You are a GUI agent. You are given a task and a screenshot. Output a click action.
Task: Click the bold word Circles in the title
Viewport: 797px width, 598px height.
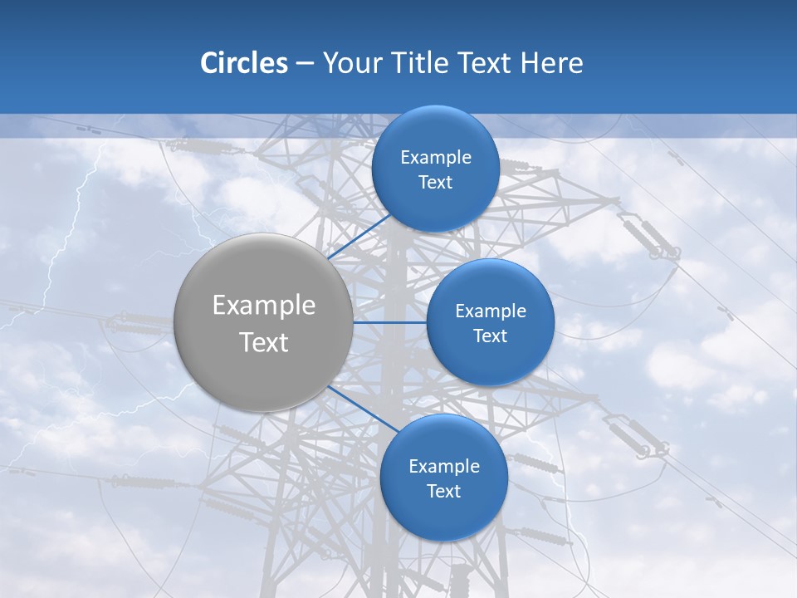(x=243, y=63)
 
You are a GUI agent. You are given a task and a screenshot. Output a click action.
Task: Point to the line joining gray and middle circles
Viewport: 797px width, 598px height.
(x=389, y=322)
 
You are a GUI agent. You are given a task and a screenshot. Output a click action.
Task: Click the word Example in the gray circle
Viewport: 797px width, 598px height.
(x=263, y=306)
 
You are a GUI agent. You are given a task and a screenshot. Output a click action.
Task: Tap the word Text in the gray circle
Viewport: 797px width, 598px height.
(x=263, y=342)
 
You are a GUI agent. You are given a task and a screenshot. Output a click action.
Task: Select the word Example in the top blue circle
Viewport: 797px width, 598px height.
(x=435, y=158)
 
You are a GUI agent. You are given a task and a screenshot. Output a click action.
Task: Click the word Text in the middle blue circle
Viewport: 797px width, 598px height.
(x=490, y=336)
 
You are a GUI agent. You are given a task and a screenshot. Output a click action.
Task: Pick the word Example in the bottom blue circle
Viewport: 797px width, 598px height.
(x=443, y=467)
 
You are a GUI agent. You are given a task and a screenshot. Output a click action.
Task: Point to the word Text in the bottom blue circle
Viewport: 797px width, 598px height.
(x=443, y=492)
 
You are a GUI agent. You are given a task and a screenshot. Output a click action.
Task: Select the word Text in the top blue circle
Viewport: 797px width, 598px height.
(x=435, y=183)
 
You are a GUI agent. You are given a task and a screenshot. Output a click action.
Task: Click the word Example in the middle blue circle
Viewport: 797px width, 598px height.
(x=490, y=311)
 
